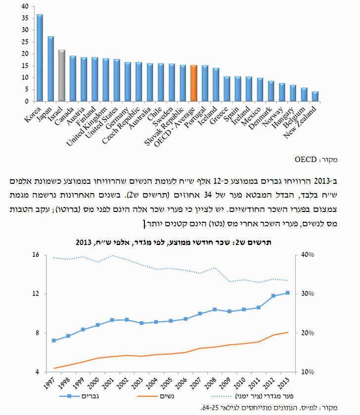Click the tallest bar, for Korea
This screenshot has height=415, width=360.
[x=40, y=58]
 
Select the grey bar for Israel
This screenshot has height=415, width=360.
[x=62, y=76]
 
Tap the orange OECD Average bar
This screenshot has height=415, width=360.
[x=194, y=83]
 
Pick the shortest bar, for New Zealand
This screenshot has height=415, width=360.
[x=315, y=97]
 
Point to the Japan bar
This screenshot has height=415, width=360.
[x=50, y=69]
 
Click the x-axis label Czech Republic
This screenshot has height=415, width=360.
[x=121, y=125]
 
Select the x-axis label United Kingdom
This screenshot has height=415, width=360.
[x=87, y=126]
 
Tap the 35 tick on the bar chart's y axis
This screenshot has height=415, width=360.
[x=25, y=18]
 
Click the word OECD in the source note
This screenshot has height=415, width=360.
[x=306, y=160]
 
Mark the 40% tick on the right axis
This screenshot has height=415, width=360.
[x=308, y=254]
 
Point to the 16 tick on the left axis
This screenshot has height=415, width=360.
[x=36, y=254]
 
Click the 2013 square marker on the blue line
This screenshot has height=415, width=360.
[x=288, y=292]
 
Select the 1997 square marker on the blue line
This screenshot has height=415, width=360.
[x=54, y=340]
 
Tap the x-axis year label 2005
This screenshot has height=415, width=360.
[x=166, y=383]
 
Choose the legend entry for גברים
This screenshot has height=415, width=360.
[x=79, y=396]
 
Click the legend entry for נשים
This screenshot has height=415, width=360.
[x=156, y=396]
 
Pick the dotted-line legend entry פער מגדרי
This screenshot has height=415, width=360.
[x=253, y=396]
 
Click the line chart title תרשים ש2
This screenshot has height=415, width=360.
[x=174, y=243]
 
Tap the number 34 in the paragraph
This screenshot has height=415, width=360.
[x=208, y=195]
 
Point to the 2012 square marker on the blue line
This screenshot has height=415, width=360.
[x=273, y=296]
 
